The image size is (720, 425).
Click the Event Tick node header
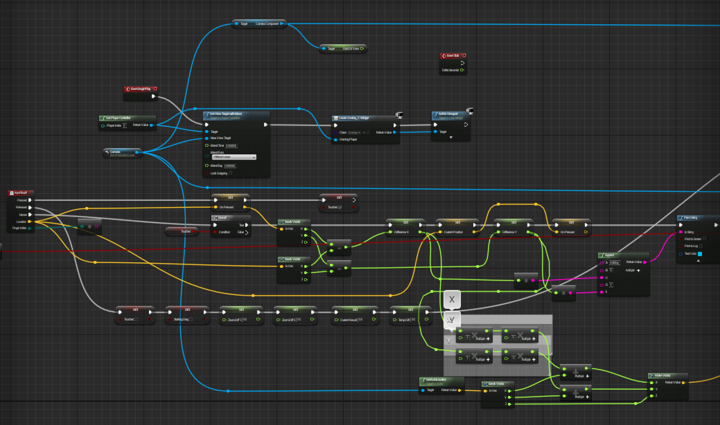point(453,56)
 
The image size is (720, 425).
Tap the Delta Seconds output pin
point(462,70)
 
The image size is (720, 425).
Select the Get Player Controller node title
point(118,118)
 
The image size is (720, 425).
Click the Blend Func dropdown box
point(234,157)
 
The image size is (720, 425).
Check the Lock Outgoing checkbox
point(231,173)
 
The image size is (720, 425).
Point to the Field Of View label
point(351,49)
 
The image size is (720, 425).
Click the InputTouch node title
point(21,193)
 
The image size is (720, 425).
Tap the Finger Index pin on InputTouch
point(29,228)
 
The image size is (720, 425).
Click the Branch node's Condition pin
point(215,232)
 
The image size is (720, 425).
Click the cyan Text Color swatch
point(700,254)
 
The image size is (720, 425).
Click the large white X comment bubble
point(452,300)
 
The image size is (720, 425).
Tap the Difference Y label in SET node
point(509,232)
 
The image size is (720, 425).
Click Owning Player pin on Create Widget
point(335,139)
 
